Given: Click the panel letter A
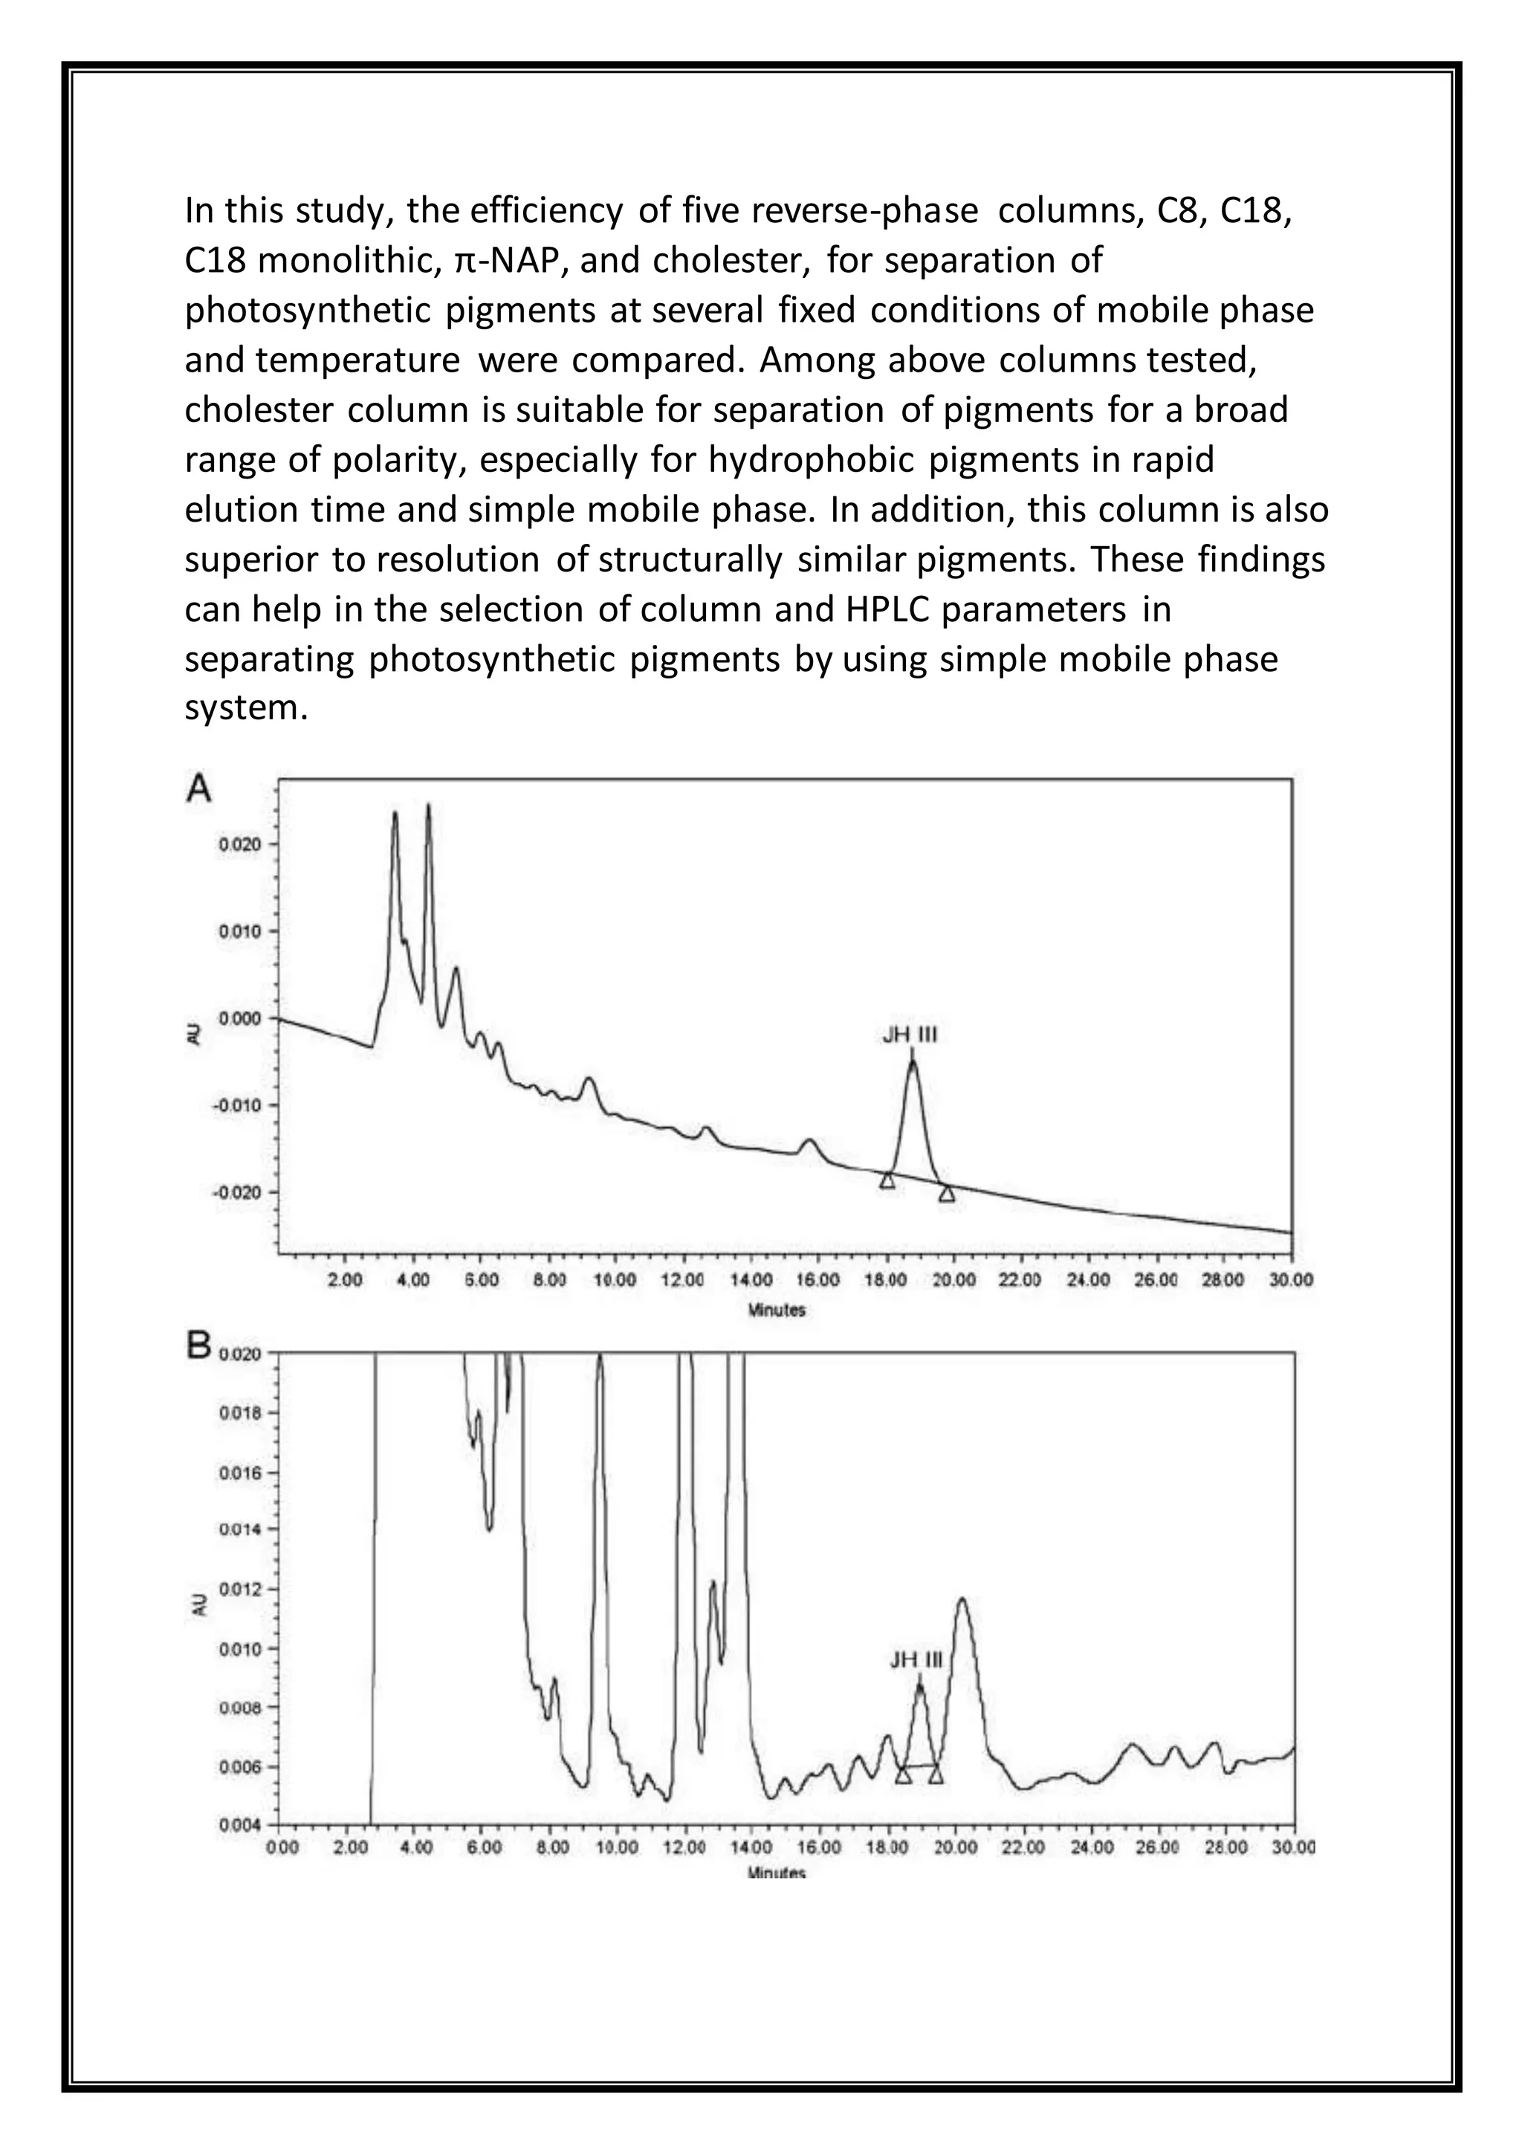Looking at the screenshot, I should pos(198,789).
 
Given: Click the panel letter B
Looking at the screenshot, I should pos(198,1347).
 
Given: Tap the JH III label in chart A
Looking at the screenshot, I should pos(910,1035).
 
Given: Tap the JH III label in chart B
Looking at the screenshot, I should pos(916,1661).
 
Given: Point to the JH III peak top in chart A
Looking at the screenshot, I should pos(912,1061).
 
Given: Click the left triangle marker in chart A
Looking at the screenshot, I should pos(887,1181).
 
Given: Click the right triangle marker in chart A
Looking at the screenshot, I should pos(947,1193).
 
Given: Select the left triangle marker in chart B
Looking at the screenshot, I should pos(902,1775).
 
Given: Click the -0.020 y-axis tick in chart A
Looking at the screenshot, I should pos(233,1192).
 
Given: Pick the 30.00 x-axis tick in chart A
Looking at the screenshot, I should pos(1292,1280).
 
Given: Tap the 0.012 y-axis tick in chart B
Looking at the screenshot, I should pos(236,1589).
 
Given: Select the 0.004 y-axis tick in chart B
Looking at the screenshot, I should pos(236,1825).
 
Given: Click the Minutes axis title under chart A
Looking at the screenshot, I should pos(777,1310).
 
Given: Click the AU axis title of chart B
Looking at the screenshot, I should pos(198,1607).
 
